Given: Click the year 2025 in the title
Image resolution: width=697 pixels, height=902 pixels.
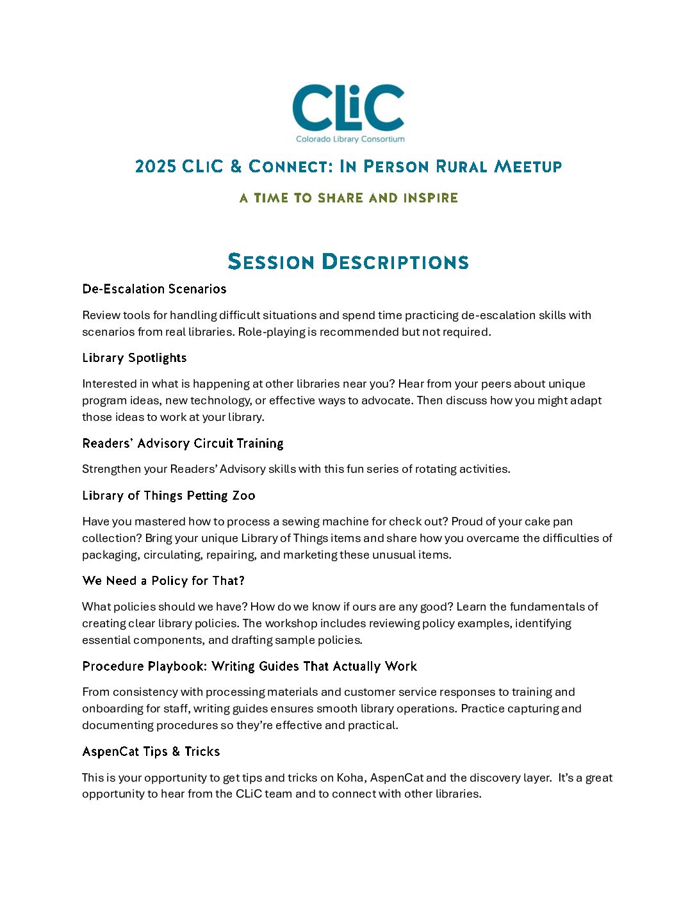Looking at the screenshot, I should point(155,167).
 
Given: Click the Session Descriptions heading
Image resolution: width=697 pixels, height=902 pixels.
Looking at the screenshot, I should point(348,261).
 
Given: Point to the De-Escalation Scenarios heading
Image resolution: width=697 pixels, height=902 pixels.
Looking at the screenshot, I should point(154,289).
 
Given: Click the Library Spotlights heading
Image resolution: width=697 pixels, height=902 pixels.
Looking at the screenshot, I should point(135,357).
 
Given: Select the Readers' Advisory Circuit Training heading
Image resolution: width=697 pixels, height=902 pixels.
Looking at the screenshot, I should point(183,443).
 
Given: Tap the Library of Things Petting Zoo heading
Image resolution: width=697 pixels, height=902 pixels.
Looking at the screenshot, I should point(168,495).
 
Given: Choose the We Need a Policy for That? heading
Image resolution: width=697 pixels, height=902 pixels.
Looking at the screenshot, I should point(163,580).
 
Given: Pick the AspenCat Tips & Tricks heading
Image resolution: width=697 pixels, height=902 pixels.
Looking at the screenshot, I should point(151,751).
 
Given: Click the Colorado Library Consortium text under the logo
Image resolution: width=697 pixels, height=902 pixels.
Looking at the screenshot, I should point(350,139).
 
